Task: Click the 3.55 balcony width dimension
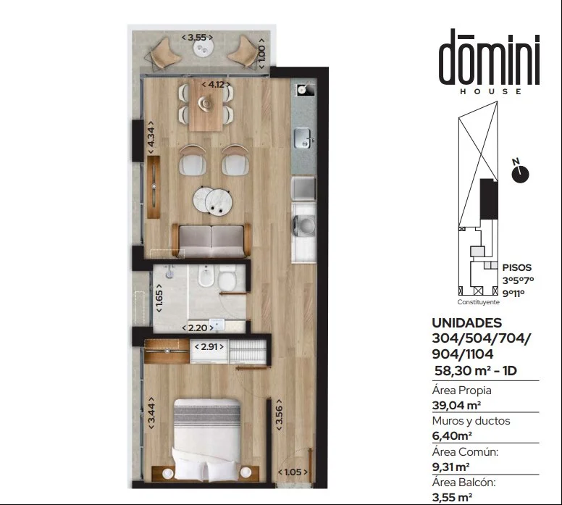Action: pyautogui.click(x=197, y=37)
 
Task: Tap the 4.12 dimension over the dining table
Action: pyautogui.click(x=216, y=85)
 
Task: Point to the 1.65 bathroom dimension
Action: pyautogui.click(x=159, y=298)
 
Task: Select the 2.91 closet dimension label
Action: pyautogui.click(x=209, y=347)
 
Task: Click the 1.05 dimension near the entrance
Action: pyautogui.click(x=293, y=472)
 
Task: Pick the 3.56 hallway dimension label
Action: pyautogui.click(x=279, y=414)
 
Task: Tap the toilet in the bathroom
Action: pyautogui.click(x=227, y=277)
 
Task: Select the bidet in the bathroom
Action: pyautogui.click(x=206, y=275)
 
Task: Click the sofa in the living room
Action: pyautogui.click(x=211, y=241)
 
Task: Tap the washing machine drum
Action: pyautogui.click(x=306, y=226)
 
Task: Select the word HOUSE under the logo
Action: pyautogui.click(x=491, y=91)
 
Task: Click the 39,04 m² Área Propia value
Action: pyautogui.click(x=456, y=405)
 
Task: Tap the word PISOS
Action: pyautogui.click(x=517, y=267)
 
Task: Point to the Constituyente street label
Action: pyautogui.click(x=478, y=302)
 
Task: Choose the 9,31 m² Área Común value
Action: pyautogui.click(x=451, y=467)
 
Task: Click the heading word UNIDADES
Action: pyautogui.click(x=467, y=323)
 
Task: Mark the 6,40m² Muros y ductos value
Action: pyautogui.click(x=452, y=435)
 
